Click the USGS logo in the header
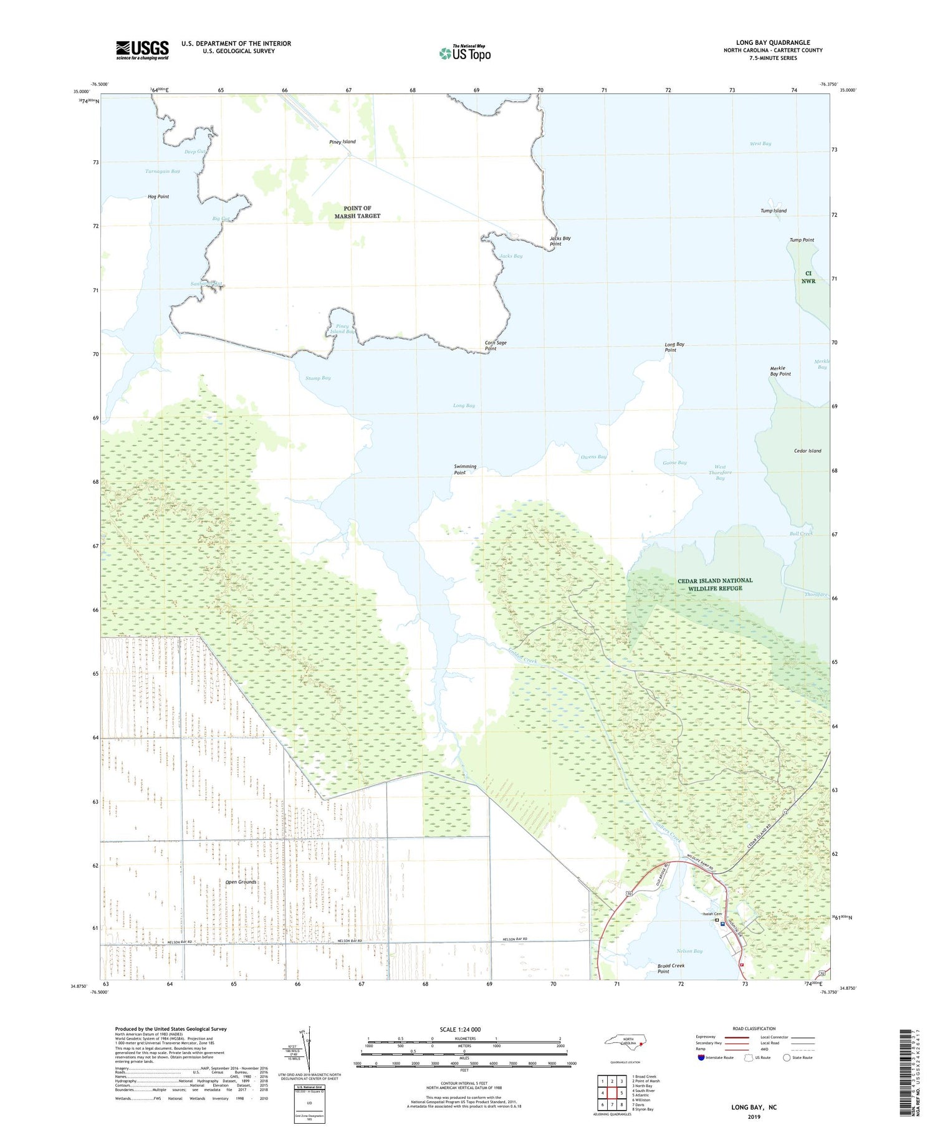(142, 50)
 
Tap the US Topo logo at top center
(465, 53)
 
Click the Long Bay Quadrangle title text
(772, 42)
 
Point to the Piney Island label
(342, 141)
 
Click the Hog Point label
(158, 196)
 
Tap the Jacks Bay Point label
(560, 241)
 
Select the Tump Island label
(773, 211)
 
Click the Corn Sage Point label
(495, 345)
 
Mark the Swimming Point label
(465, 469)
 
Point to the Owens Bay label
(593, 457)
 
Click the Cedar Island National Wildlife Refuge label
(715, 584)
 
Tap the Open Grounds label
(241, 881)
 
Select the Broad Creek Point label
(671, 968)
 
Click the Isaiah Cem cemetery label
(712, 914)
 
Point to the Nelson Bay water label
(689, 950)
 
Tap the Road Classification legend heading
(754, 1028)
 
